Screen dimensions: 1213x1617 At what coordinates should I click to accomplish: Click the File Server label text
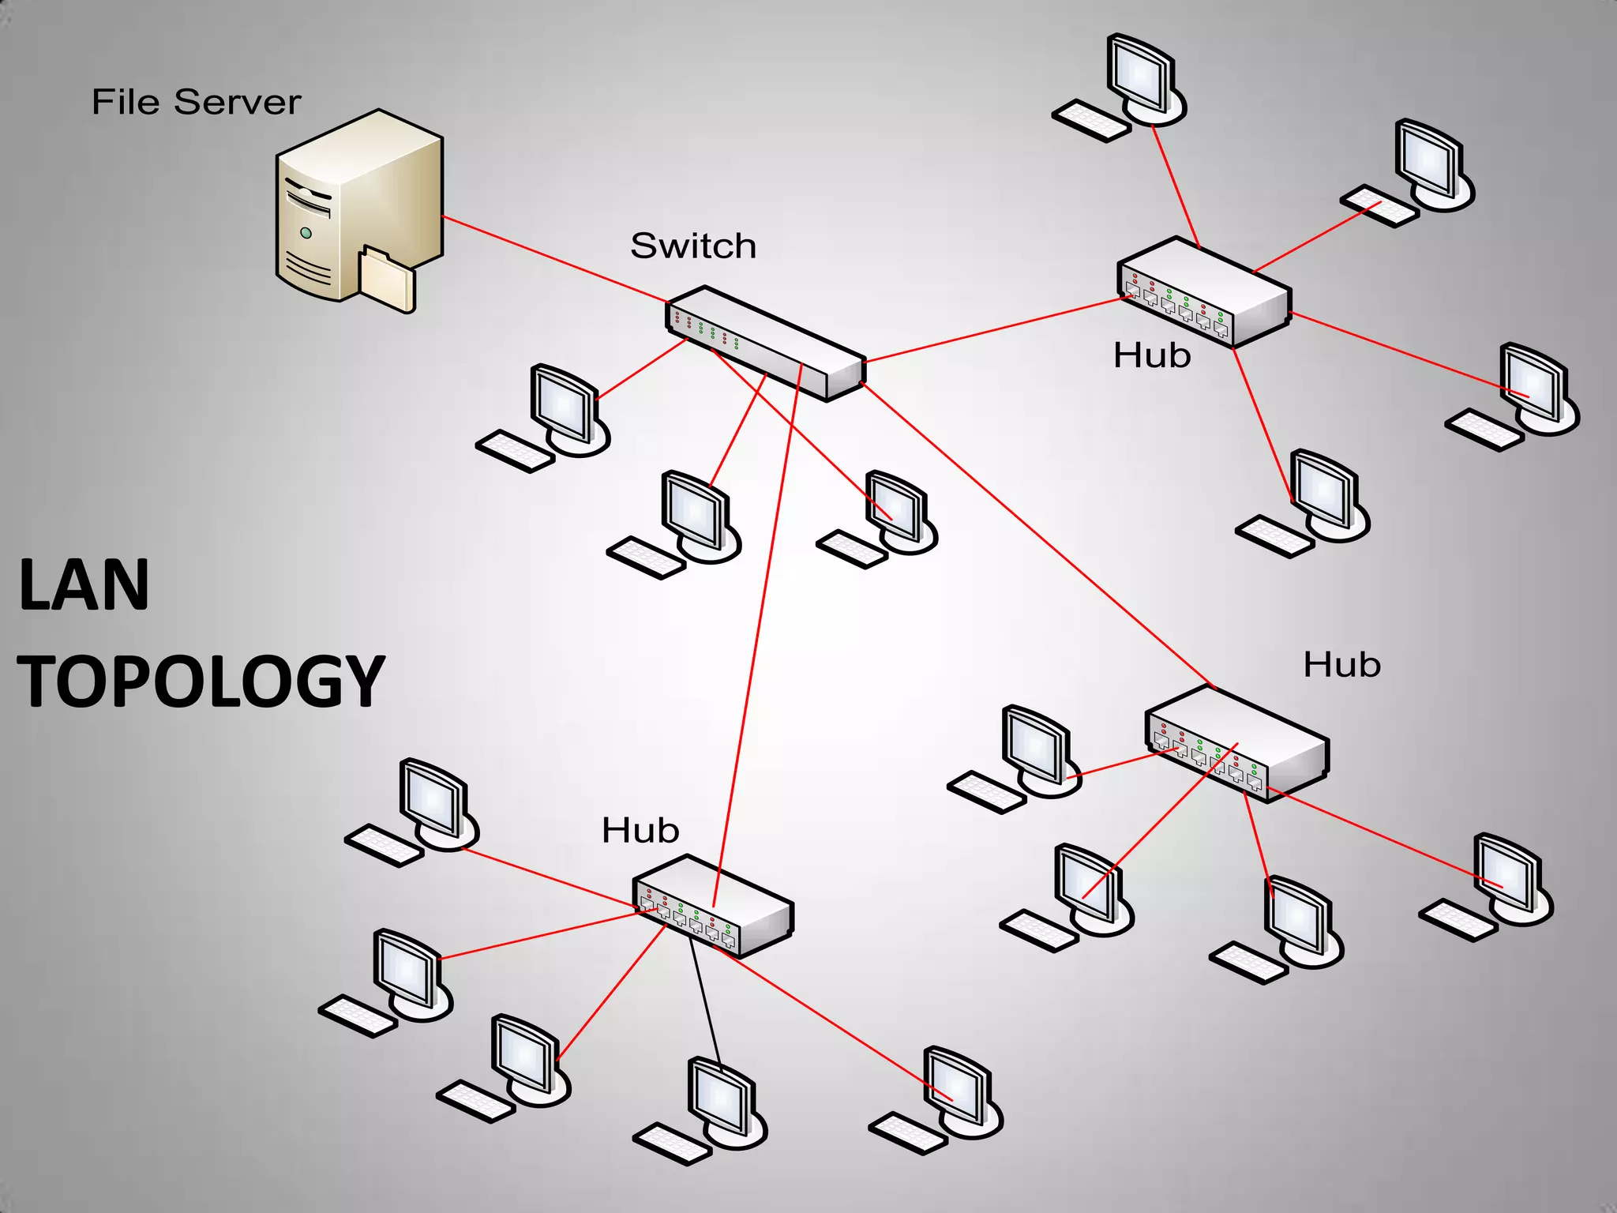tap(196, 103)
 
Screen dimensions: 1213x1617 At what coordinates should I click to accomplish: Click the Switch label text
tap(693, 246)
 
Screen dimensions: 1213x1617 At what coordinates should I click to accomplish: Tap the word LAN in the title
tap(84, 585)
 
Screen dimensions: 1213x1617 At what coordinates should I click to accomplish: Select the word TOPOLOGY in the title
tap(201, 682)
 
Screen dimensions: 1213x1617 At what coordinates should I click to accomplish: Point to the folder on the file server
tap(387, 278)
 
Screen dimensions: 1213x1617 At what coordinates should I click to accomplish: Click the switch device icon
tap(766, 344)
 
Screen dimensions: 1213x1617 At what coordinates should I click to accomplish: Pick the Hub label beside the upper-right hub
tap(1152, 356)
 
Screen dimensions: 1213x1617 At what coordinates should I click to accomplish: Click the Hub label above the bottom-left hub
tap(640, 831)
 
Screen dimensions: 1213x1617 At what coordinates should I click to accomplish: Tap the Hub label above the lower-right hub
tap(1341, 665)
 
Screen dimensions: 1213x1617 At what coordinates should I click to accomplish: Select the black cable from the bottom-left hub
tap(705, 999)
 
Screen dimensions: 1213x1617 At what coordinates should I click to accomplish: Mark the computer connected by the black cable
tap(720, 1102)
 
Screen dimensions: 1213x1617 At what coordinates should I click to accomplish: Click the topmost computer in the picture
tap(1137, 79)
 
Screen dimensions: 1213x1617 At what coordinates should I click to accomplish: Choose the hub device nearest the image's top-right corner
tap(1204, 292)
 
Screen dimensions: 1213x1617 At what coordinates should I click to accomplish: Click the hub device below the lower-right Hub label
tap(1236, 742)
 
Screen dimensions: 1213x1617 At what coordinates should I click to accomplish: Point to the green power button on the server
tap(306, 233)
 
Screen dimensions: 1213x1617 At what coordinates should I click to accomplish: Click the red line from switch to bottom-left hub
tap(758, 632)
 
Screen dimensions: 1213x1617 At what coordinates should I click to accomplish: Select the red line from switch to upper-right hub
tap(995, 329)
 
